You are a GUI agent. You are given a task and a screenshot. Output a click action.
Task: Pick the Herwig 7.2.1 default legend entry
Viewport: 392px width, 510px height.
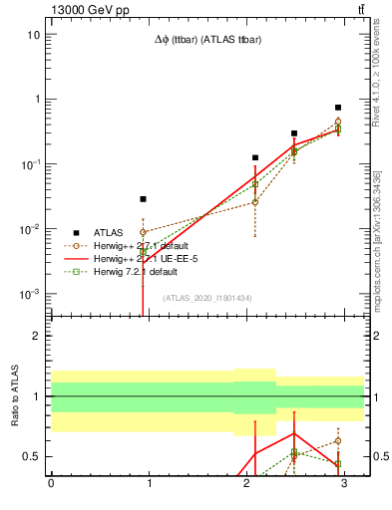point(134,271)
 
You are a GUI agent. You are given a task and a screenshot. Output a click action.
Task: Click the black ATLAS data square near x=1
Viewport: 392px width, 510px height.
point(144,199)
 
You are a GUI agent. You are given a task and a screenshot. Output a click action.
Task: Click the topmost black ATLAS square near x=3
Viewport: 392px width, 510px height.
point(338,108)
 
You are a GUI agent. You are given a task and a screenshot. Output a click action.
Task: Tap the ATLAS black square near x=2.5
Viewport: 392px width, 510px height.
point(294,133)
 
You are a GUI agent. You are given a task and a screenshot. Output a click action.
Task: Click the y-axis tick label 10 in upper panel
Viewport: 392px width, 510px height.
point(33,35)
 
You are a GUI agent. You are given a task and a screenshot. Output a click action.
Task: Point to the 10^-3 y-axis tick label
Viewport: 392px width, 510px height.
point(29,295)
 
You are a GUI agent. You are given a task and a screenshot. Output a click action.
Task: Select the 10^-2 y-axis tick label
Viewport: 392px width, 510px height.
point(29,230)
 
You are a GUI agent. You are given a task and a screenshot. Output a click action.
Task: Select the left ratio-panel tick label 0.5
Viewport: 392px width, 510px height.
point(32,457)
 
